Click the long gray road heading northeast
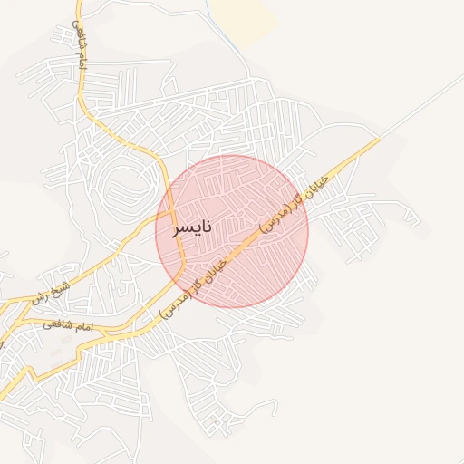click(426, 104)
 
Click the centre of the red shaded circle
click(232, 231)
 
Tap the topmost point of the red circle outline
click(232, 155)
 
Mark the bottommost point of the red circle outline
click(232, 307)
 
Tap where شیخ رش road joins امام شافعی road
click(14, 304)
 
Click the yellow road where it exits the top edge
click(78, 3)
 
